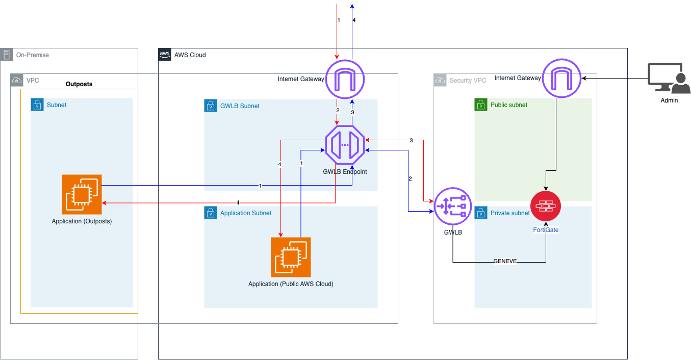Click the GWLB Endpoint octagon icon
pos(345,145)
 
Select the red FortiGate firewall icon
pos(546,206)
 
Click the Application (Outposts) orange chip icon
pos(82,194)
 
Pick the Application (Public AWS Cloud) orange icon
pos(291,257)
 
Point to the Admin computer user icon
pos(669,79)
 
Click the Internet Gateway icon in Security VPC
pos(561,79)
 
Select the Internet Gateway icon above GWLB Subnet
pos(345,79)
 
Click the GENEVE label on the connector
pos(504,261)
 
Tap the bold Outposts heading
pos(79,84)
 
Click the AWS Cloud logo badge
pos(165,55)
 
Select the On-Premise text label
pos(33,55)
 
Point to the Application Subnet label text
pos(246,213)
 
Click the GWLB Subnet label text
pos(240,106)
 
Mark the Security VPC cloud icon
pos(440,80)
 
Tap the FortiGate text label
pos(546,230)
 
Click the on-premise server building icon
pos(7,55)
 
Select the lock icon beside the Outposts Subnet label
pos(37,105)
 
